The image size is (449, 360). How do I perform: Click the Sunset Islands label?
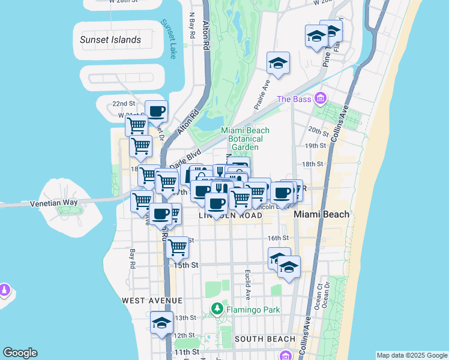pyautogui.click(x=110, y=40)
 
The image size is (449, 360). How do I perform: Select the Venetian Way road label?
pyautogui.click(x=53, y=203)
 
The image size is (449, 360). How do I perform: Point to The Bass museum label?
pyautogui.click(x=295, y=98)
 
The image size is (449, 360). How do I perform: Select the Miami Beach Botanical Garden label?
pyautogui.click(x=245, y=139)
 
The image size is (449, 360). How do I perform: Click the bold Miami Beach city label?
pyautogui.click(x=321, y=214)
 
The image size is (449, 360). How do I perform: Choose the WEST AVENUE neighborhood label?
pyautogui.click(x=151, y=300)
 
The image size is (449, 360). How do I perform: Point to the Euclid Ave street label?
pyautogui.click(x=247, y=284)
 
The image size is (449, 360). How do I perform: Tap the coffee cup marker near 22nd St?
pyautogui.click(x=156, y=111)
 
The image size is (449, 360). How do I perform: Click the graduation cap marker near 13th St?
pyautogui.click(x=161, y=323)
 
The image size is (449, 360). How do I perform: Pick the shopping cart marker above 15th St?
pyautogui.click(x=177, y=247)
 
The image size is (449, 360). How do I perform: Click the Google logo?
pyautogui.click(x=20, y=353)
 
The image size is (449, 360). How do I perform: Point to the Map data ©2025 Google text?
pyautogui.click(x=412, y=355)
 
